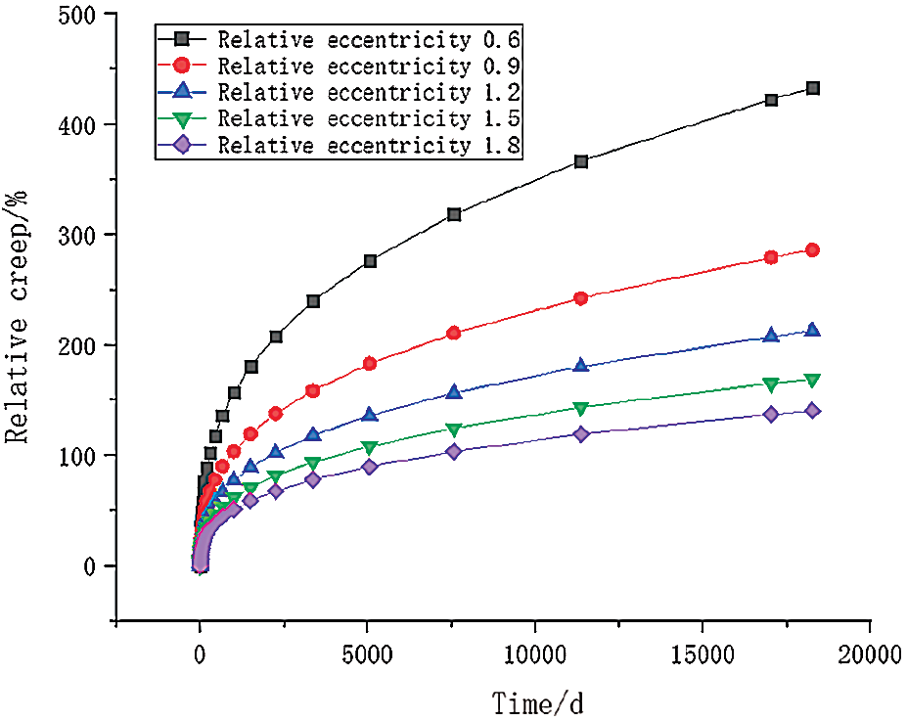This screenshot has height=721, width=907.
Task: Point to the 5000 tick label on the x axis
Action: [368, 653]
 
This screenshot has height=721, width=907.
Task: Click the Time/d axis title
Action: [541, 702]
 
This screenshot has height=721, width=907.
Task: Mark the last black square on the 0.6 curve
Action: [812, 88]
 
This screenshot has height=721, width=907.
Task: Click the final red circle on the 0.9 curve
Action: [812, 250]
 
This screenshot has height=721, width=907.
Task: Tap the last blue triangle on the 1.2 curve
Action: [812, 331]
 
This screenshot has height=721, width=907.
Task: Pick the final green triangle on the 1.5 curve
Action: [812, 380]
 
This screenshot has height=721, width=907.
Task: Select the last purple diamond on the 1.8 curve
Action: [812, 411]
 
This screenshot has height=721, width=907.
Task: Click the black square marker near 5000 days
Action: [370, 261]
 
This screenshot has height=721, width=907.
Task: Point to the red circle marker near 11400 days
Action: [581, 298]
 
